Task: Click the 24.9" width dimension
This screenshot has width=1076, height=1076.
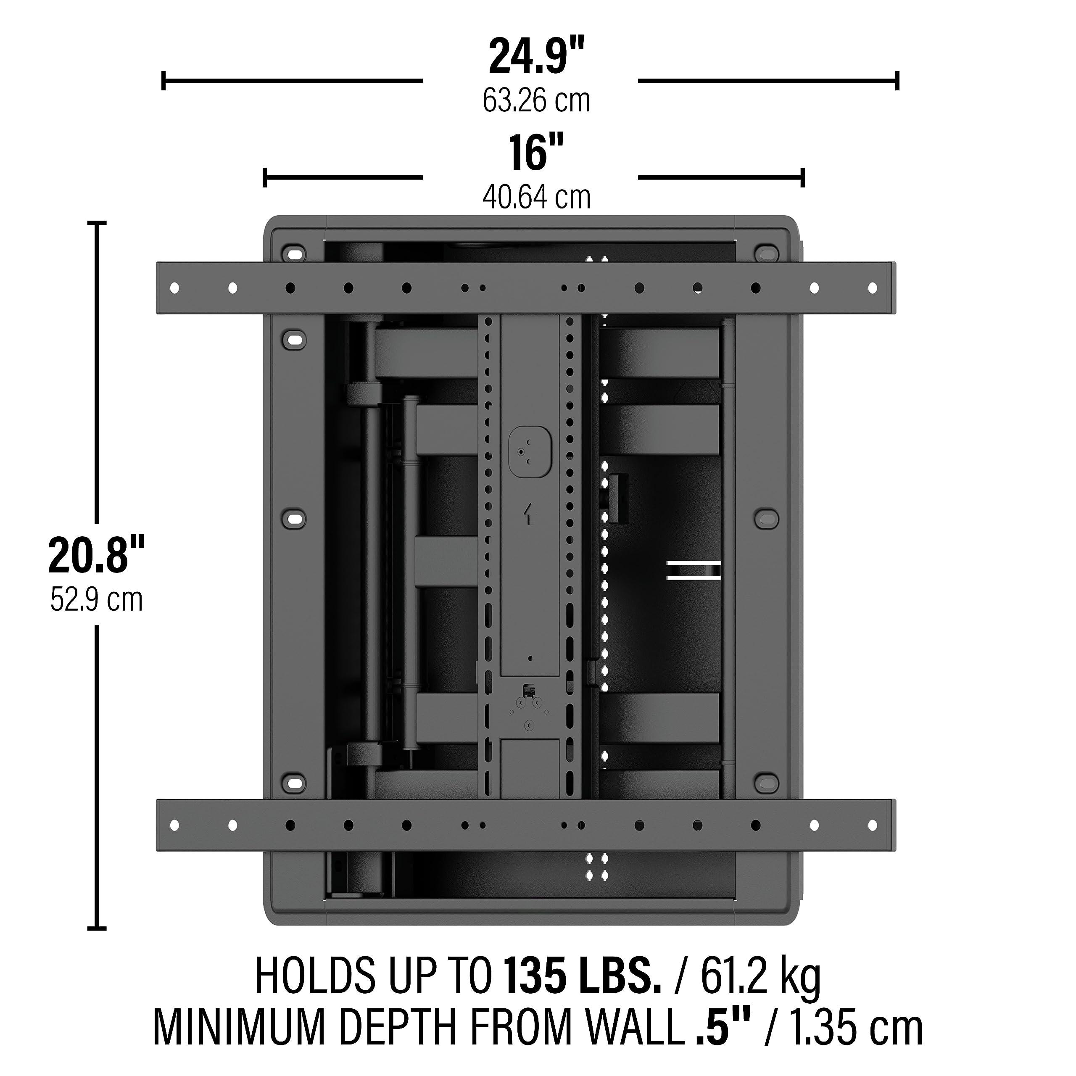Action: pyautogui.click(x=536, y=57)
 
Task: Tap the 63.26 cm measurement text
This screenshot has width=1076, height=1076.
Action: pyautogui.click(x=536, y=101)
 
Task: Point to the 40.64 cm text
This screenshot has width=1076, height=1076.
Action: pyautogui.click(x=536, y=198)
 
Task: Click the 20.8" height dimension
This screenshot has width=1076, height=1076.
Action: pyautogui.click(x=96, y=555)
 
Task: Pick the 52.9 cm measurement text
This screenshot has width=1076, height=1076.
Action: pyautogui.click(x=96, y=600)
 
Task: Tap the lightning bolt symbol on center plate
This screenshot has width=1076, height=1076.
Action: pyautogui.click(x=528, y=514)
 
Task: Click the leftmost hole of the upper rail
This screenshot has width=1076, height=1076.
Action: pyautogui.click(x=174, y=288)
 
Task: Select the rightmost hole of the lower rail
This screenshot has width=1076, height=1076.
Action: pyautogui.click(x=872, y=825)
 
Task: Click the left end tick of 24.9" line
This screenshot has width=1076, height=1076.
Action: pyautogui.click(x=163, y=81)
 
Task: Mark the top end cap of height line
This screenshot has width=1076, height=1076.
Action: pyautogui.click(x=98, y=222)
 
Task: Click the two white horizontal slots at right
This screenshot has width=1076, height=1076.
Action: pyautogui.click(x=694, y=571)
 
